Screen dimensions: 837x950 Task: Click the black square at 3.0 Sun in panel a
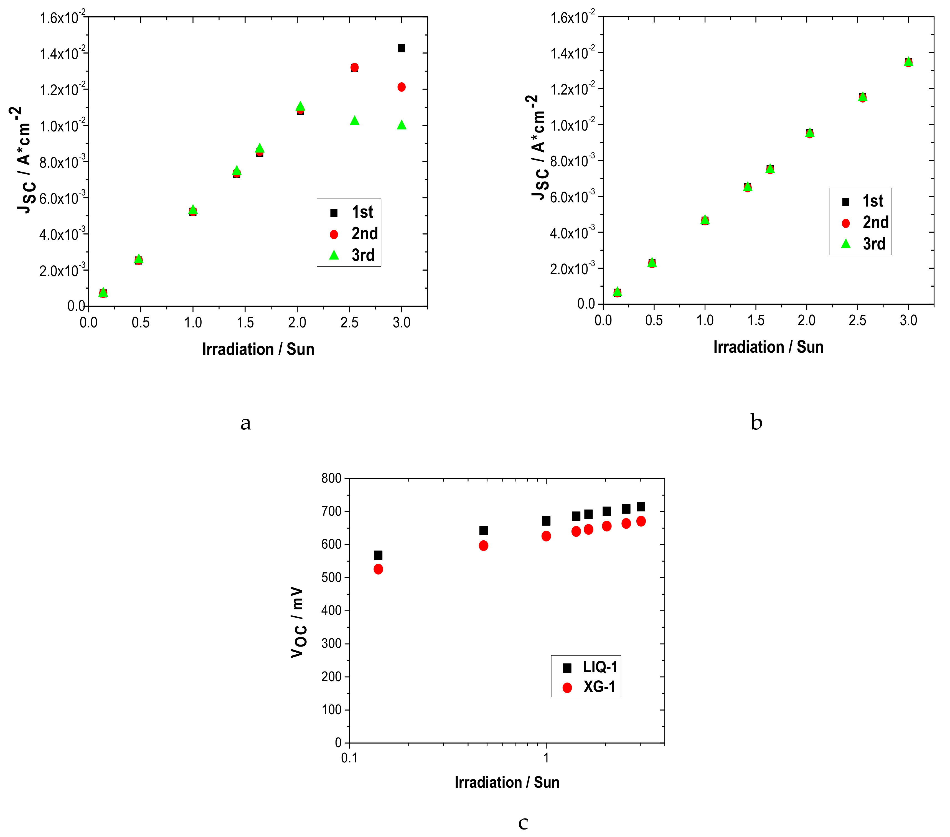coord(402,48)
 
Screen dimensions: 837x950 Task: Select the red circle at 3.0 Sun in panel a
coord(402,87)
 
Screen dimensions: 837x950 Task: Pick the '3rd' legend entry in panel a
coord(353,255)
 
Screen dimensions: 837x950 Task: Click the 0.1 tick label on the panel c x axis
coord(349,758)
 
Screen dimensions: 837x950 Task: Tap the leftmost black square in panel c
coord(378,555)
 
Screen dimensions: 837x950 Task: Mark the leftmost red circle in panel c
coord(378,569)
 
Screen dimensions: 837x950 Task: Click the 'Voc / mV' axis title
coord(298,622)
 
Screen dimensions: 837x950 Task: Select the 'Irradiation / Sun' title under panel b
coord(768,347)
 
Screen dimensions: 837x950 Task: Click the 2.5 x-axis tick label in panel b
coord(857,320)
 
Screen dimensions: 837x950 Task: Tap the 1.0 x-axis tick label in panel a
coord(193,322)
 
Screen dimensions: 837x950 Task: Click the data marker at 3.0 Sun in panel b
coord(908,62)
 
